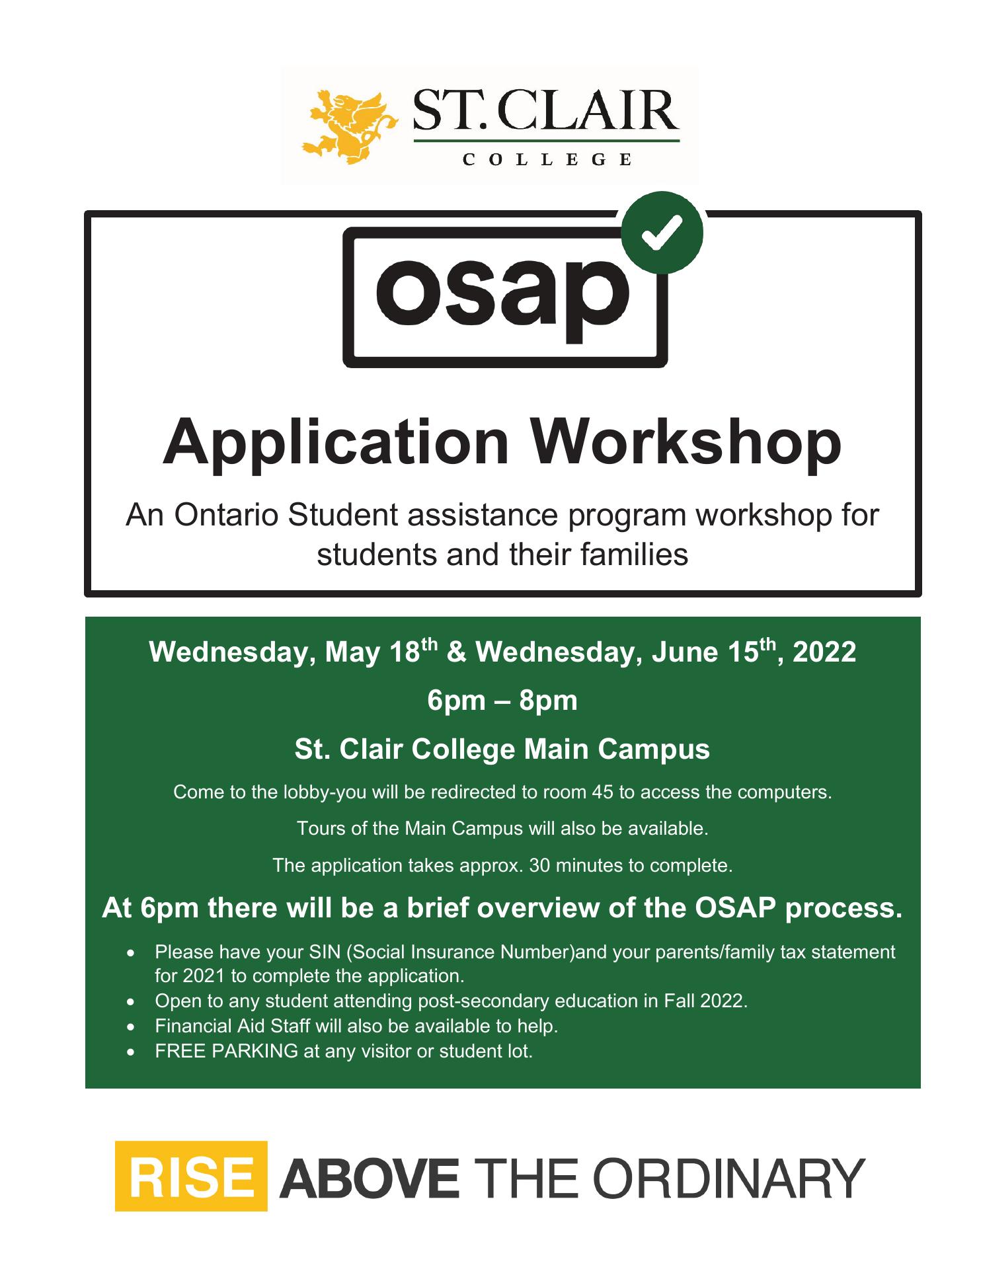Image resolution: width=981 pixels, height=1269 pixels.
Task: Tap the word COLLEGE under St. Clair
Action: tap(547, 159)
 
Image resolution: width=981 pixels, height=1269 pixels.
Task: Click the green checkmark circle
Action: tap(662, 233)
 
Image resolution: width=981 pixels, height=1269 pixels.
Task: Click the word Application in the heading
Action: tap(336, 442)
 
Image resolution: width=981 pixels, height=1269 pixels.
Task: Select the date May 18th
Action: tap(383, 652)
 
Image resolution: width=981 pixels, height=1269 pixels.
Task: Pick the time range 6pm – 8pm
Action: tap(502, 701)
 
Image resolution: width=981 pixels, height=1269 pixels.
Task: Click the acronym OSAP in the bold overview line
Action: tap(734, 908)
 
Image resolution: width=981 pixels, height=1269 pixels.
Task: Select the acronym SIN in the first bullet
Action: tap(325, 952)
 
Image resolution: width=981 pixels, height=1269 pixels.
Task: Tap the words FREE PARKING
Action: tap(227, 1051)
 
